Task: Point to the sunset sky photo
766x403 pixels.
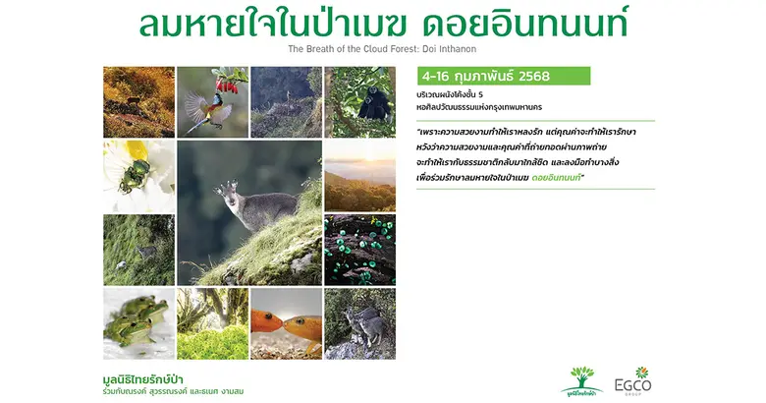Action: [x=359, y=174]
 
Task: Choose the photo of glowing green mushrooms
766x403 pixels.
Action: [x=359, y=249]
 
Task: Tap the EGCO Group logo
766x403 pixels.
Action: [x=643, y=380]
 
